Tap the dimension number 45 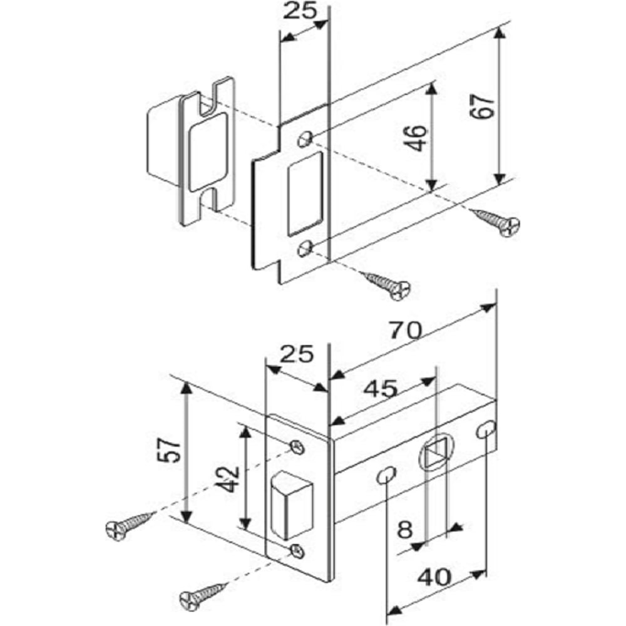(x=380, y=389)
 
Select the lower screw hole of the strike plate (x=304, y=249)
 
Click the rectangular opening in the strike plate (x=305, y=193)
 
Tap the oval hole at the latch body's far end (x=486, y=429)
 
